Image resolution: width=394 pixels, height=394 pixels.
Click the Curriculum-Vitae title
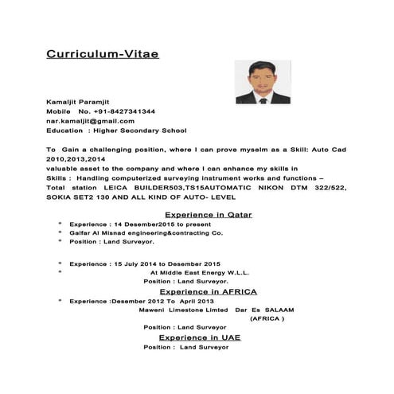pyautogui.click(x=102, y=54)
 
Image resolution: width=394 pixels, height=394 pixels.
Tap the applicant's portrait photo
pyautogui.click(x=263, y=82)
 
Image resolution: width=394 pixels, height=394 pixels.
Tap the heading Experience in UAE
pyautogui.click(x=199, y=337)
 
